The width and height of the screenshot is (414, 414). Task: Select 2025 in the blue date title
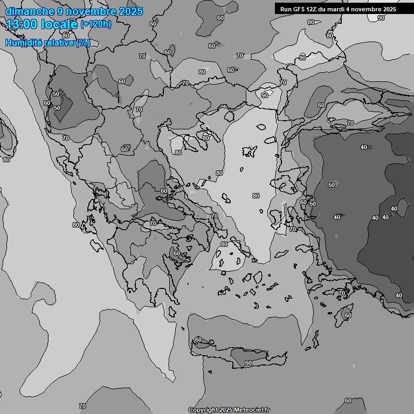coord(130,11)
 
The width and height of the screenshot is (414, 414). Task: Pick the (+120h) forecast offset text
coord(95,24)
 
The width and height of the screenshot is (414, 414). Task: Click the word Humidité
coord(23,43)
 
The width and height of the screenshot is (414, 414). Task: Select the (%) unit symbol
coord(82,43)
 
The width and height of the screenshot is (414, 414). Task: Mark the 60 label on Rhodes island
coord(348,315)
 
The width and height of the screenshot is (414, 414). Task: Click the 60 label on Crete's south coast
coord(248,363)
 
